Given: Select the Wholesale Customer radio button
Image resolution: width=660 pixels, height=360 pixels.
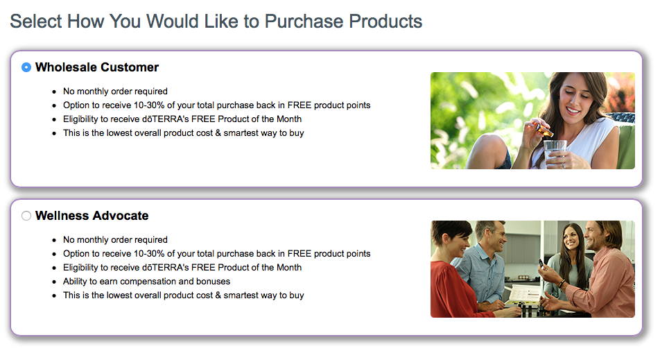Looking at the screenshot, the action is [26, 67].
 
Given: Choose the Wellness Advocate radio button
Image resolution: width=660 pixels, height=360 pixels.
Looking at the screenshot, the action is [26, 216].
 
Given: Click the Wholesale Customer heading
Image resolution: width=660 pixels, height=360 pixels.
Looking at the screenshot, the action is [97, 67].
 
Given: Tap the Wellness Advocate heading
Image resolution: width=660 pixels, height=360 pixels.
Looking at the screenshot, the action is [92, 216].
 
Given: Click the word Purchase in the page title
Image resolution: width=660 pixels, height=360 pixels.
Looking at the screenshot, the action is [304, 22].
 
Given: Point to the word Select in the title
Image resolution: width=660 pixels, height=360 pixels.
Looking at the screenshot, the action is [36, 22].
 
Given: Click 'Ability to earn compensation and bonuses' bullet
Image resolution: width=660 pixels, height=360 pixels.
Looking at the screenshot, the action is [146, 281].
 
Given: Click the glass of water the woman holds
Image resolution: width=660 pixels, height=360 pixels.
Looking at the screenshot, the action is [555, 154].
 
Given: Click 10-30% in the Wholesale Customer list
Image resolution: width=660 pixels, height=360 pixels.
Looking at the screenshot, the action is [149, 105].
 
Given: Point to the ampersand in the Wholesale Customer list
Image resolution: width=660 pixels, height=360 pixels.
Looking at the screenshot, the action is [218, 133].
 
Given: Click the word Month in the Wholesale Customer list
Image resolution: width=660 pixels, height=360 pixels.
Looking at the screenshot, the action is [288, 119].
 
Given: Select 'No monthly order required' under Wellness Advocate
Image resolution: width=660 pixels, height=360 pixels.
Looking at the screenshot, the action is [115, 239].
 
